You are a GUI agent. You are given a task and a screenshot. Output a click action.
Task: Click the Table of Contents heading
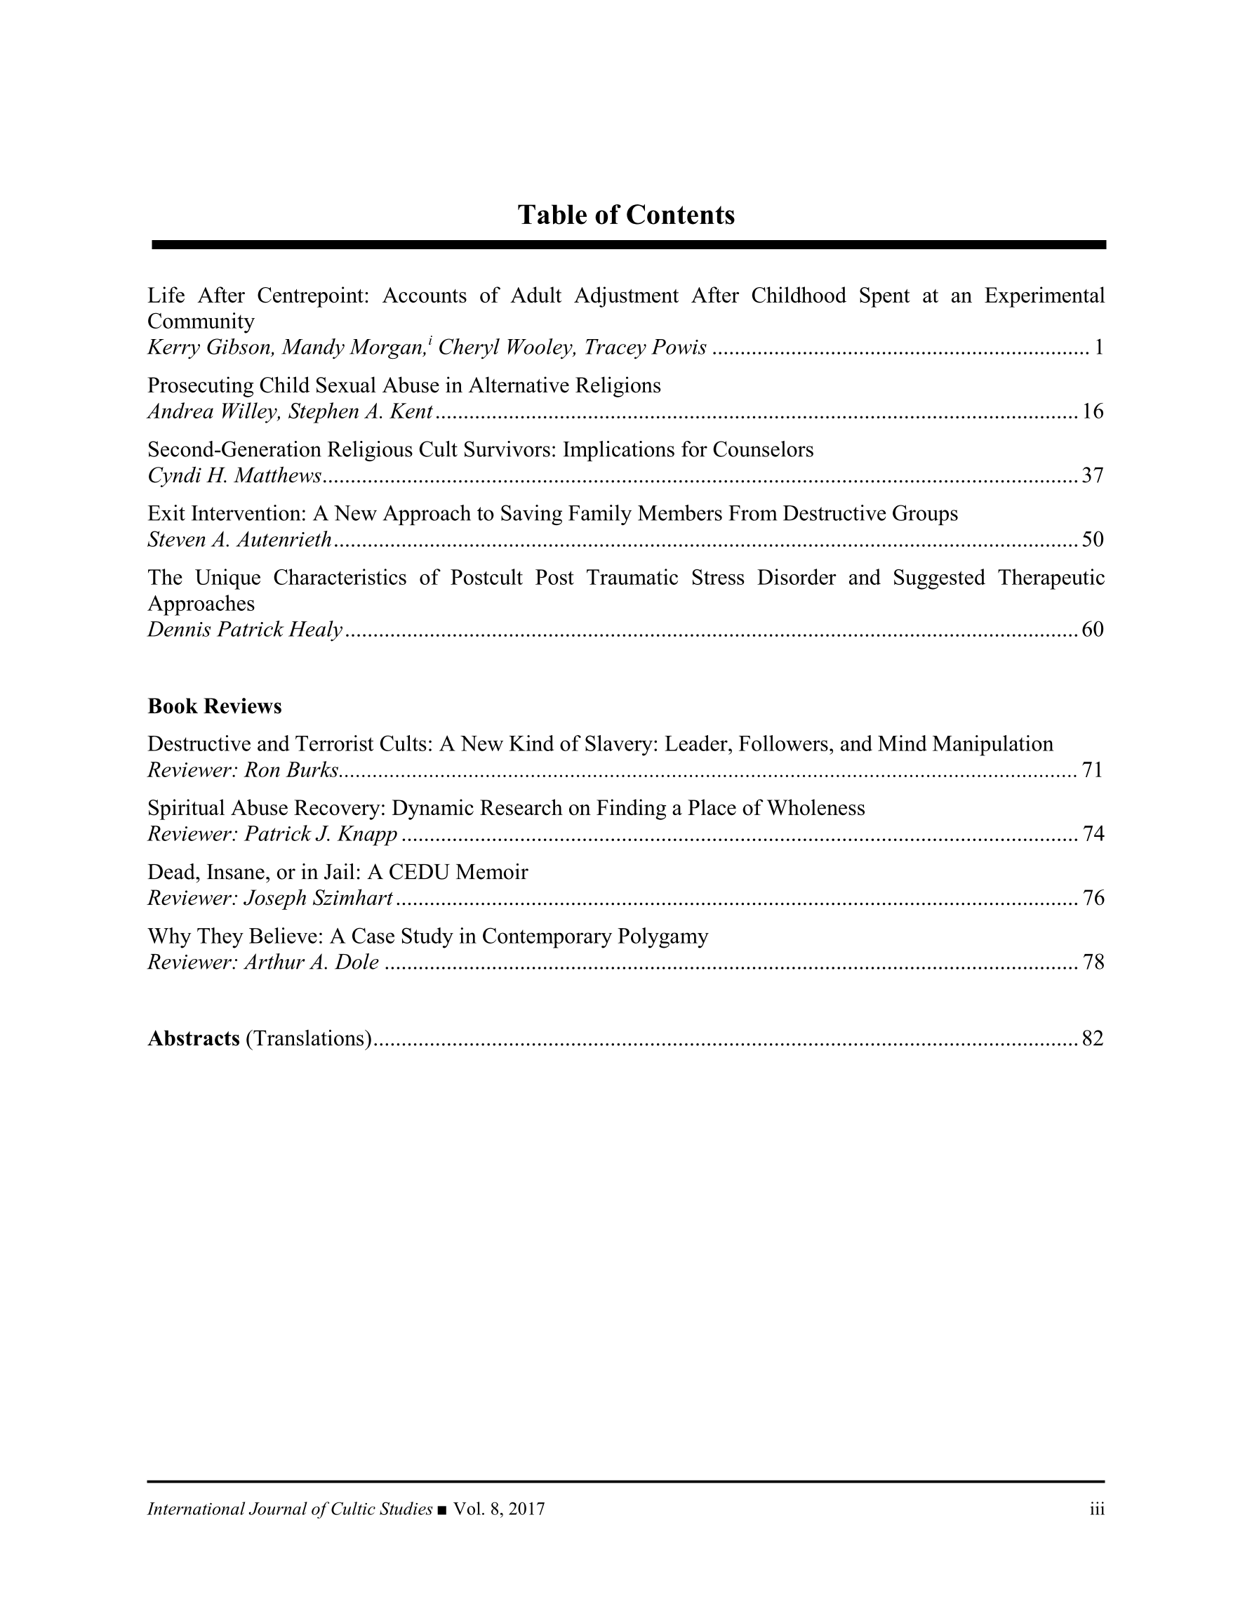625,216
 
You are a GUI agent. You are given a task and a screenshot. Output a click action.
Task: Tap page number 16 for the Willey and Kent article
1093,411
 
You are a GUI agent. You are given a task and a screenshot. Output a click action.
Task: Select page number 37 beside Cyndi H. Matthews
1093,475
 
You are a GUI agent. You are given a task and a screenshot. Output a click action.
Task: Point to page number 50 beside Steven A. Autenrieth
1093,540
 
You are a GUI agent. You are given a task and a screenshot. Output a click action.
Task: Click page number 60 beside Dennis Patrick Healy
1093,630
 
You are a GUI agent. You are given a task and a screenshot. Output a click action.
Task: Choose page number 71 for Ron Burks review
1093,770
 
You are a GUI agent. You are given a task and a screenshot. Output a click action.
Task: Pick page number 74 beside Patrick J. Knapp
1093,834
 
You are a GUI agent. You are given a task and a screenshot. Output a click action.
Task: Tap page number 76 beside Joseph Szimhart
1093,899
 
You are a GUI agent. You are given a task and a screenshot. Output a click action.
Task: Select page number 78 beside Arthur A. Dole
1093,962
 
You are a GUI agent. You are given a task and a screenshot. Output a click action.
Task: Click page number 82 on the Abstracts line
1093,1038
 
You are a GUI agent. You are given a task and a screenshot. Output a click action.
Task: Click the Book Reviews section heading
215,706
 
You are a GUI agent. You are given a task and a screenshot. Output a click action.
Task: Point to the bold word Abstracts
193,1038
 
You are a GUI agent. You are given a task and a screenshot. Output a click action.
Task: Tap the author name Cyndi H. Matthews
234,476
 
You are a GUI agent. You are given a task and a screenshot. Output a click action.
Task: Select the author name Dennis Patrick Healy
245,630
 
